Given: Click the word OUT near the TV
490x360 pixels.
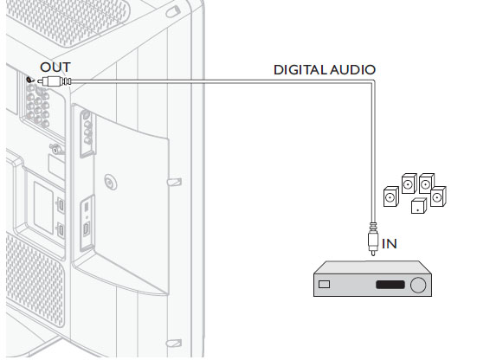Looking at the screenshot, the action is [x=55, y=67].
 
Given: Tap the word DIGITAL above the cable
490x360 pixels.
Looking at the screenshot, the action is [x=300, y=70].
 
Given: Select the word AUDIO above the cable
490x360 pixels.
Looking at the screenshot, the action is [x=352, y=70].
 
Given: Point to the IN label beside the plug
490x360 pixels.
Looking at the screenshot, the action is [x=389, y=244].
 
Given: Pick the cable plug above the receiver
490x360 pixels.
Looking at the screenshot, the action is [x=373, y=239].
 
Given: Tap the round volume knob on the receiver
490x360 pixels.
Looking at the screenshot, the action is [x=418, y=285].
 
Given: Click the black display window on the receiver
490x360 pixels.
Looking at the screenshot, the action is [x=390, y=285].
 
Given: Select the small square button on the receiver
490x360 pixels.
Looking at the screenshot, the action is [x=324, y=284].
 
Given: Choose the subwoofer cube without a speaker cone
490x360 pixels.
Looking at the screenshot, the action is [x=419, y=206].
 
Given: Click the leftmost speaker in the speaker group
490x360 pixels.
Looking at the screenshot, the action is [x=391, y=196].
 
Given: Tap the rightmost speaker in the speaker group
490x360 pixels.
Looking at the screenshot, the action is [x=438, y=196].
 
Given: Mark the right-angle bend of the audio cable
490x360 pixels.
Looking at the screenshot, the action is [x=373, y=82].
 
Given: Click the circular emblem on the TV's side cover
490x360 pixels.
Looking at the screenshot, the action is [x=110, y=182].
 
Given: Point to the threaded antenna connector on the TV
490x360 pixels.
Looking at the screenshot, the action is [x=55, y=149].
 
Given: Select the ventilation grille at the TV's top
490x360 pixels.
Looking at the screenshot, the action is [x=68, y=20].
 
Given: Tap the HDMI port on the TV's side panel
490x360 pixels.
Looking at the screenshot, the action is [x=87, y=229].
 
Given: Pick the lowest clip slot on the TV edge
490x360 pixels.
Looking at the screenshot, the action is [x=174, y=344].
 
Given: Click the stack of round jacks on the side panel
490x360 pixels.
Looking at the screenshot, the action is [x=87, y=128].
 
